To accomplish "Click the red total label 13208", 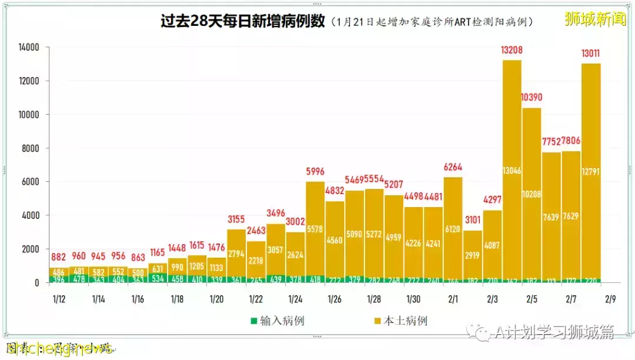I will [512, 51].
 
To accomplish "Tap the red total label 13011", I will [590, 54].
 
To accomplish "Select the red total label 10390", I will [532, 97].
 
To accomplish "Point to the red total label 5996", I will [315, 172].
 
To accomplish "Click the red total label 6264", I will [453, 167].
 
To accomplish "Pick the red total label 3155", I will [236, 220].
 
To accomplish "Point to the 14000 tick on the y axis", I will [27, 48].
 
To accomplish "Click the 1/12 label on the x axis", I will [59, 299].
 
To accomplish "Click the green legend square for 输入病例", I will [254, 321].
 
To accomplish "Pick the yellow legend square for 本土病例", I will [377, 321].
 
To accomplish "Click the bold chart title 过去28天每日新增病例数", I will [243, 21].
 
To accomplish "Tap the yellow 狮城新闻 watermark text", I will [595, 19].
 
